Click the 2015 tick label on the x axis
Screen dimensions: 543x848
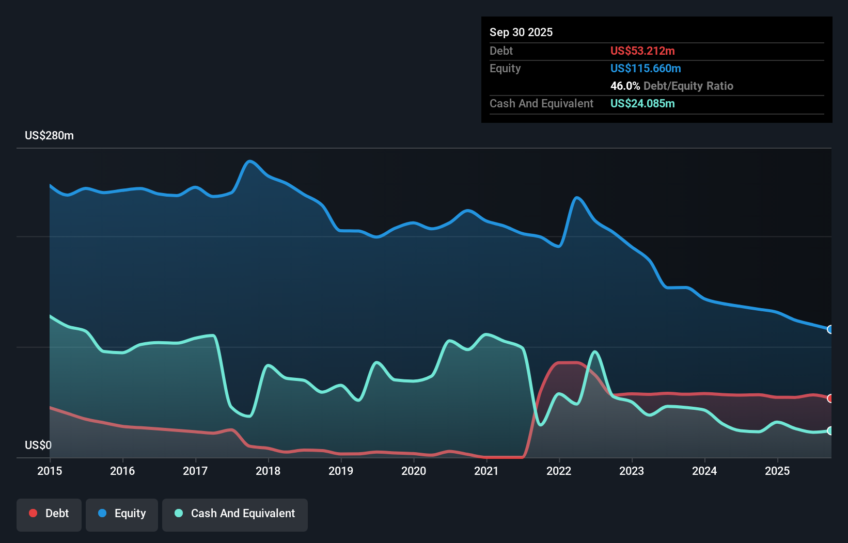point(50,471)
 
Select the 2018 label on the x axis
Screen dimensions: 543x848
point(268,471)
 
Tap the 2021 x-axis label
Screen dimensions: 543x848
point(486,471)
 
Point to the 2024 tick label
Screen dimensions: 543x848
point(704,471)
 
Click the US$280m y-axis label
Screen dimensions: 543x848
point(49,135)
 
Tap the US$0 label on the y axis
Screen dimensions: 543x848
point(38,445)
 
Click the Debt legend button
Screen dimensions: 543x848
point(49,514)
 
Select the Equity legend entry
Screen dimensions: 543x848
point(122,514)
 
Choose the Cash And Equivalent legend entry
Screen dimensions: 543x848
point(235,514)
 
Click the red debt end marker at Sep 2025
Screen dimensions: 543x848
point(830,398)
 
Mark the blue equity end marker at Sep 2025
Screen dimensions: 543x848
point(830,329)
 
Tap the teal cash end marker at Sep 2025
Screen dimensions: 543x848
point(830,430)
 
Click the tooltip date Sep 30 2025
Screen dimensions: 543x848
point(521,32)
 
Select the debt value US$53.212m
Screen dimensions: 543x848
point(642,51)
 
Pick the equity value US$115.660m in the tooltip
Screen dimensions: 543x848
point(646,68)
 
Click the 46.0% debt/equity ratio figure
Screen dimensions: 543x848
point(625,86)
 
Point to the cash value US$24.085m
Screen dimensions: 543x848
point(642,103)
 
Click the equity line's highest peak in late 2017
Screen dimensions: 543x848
point(250,161)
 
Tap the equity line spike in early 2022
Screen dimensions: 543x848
point(576,197)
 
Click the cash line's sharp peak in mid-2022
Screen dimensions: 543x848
point(595,352)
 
